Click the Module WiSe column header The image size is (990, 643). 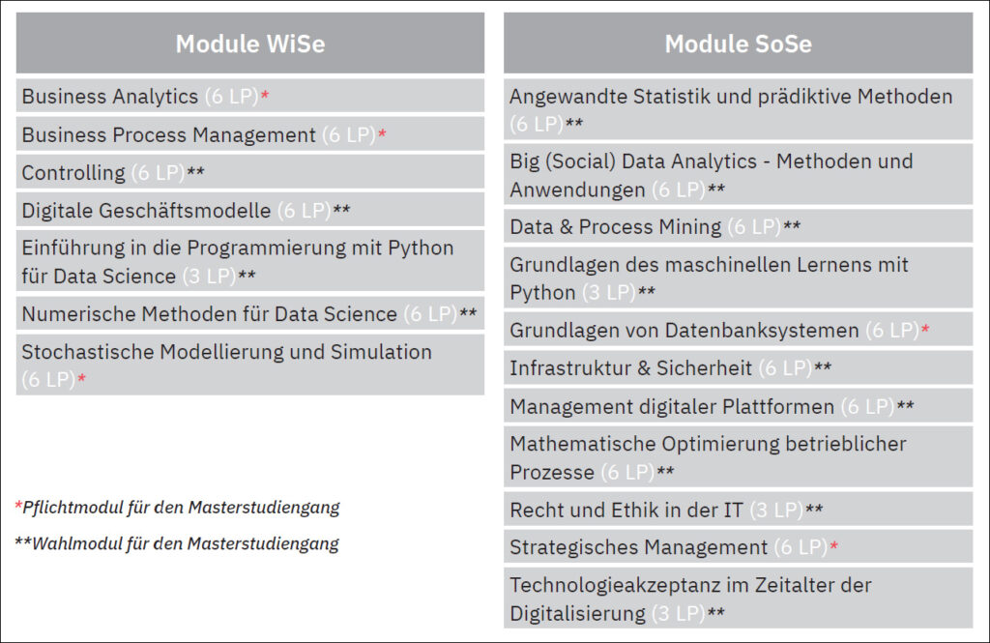[250, 43]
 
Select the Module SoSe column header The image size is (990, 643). [738, 43]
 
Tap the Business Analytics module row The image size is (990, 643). [250, 96]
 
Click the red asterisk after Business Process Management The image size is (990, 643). [382, 132]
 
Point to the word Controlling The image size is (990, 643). [73, 173]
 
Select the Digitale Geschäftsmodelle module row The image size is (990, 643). [250, 210]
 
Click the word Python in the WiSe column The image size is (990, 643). [421, 248]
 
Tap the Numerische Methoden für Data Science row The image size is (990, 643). [250, 313]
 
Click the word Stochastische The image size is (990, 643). [88, 352]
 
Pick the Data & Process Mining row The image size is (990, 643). [738, 226]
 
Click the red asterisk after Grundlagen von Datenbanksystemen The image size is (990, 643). [925, 329]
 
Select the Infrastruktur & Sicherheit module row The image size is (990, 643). [738, 367]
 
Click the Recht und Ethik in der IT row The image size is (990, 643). [738, 510]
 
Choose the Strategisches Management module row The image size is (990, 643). [738, 547]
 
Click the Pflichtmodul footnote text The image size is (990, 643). [178, 508]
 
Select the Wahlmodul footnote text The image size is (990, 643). [177, 543]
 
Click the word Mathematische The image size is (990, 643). [582, 444]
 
